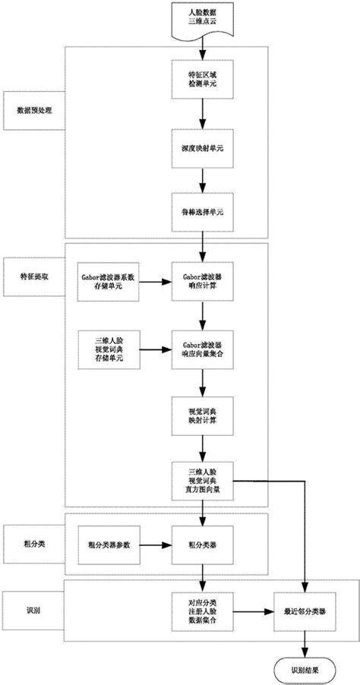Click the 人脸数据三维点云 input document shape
point(201,18)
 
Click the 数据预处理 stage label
point(33,109)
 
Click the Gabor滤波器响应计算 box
point(201,283)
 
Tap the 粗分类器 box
point(201,545)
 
